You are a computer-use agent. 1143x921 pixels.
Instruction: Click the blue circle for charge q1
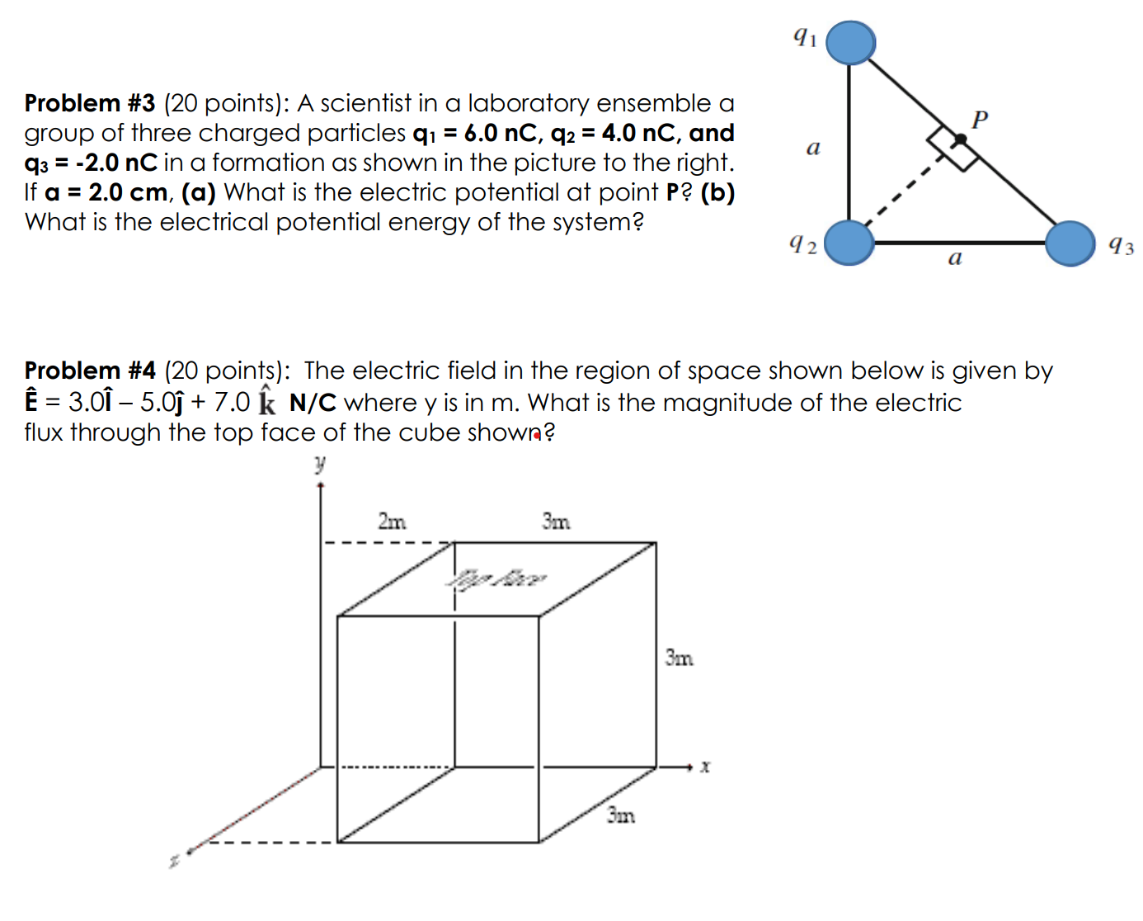(850, 42)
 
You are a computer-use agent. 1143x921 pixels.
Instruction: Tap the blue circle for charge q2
(849, 243)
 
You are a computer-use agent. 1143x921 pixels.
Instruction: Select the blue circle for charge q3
(1070, 243)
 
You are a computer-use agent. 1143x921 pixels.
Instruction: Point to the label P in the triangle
(980, 120)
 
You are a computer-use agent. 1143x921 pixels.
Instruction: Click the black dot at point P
(959, 139)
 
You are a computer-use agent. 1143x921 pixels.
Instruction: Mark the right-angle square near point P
(952, 149)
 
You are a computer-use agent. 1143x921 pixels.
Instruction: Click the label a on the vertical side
(813, 148)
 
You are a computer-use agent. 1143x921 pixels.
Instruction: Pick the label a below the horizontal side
(955, 259)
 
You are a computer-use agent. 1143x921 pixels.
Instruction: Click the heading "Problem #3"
(90, 103)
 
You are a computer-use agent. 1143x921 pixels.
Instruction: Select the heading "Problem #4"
(90, 371)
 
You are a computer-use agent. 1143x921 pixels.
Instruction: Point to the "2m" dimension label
(392, 522)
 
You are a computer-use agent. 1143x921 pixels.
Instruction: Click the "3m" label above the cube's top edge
(556, 522)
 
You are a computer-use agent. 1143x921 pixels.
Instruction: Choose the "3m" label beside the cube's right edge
(680, 658)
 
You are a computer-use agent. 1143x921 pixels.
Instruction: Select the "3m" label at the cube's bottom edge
(621, 815)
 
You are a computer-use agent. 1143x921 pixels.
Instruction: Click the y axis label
(320, 464)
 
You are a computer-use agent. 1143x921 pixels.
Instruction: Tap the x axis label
(705, 767)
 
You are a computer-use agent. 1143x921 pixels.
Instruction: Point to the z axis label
(174, 861)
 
